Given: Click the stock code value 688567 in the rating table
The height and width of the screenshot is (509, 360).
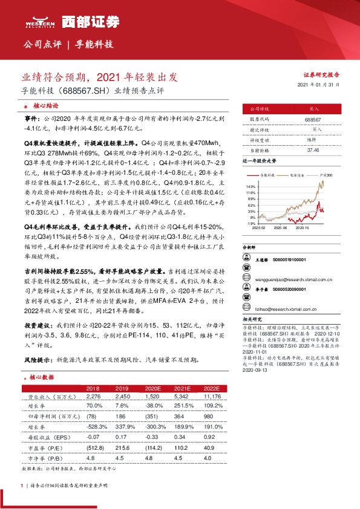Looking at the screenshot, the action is point(313,120).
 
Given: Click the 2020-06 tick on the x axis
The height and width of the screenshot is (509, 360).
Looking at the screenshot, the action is point(279,228).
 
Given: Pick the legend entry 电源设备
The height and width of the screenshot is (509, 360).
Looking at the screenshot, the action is point(297,174).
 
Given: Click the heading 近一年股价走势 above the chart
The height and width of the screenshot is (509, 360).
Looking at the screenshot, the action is point(260,161).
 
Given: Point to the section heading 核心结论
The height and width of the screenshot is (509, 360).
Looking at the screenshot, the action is point(45,105).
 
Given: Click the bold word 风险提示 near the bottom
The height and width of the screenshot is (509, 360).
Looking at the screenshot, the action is point(38,358).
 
